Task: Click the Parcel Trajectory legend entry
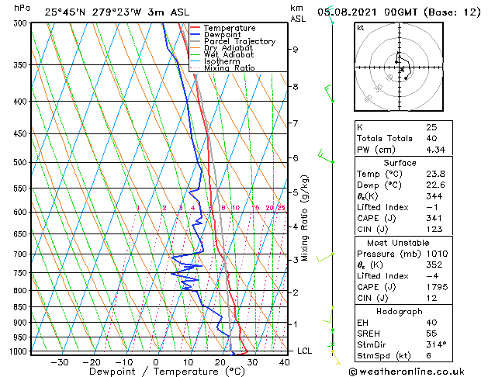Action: point(240,41)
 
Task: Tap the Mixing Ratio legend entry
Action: point(229,67)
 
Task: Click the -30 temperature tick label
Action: point(59,361)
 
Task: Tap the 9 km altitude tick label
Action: point(296,50)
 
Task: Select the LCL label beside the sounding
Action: point(305,351)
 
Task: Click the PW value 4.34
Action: point(435,149)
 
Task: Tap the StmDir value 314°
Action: point(436,344)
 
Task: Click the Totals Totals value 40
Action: point(431,138)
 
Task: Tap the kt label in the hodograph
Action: point(360,28)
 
